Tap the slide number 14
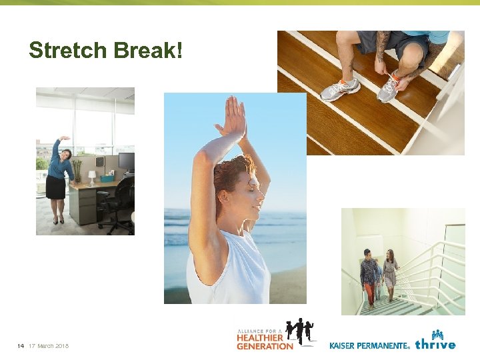click(x=21, y=345)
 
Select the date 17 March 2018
click(x=49, y=345)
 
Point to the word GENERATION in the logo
click(x=265, y=346)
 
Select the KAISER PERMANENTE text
click(x=369, y=345)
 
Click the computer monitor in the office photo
click(x=126, y=161)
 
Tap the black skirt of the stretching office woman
click(x=56, y=187)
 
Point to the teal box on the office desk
click(x=106, y=177)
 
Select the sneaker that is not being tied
click(x=339, y=89)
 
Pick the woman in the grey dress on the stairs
click(x=390, y=273)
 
